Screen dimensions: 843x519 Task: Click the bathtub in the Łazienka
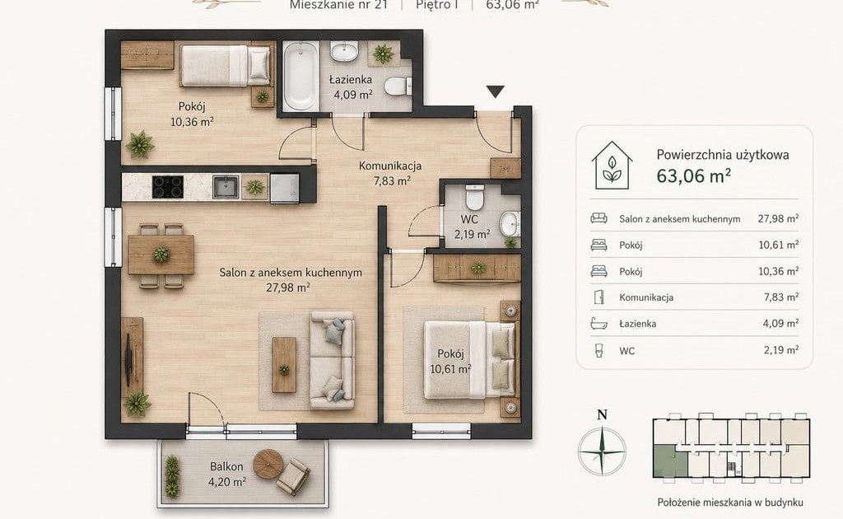pos(300,77)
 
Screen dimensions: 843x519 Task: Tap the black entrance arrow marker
pos(495,91)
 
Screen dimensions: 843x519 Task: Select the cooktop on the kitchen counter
pos(168,187)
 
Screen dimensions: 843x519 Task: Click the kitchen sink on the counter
pos(226,187)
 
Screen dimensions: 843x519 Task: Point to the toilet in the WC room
pos(475,198)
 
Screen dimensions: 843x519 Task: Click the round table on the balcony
pos(268,464)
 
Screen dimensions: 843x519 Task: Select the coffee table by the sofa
pos(284,365)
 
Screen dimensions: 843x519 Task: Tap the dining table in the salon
pos(161,255)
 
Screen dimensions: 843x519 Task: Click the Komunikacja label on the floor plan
pos(390,166)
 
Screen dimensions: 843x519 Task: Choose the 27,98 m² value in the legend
pos(778,218)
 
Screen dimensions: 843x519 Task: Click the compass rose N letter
pos(602,414)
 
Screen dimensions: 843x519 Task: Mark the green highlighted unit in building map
pos(670,461)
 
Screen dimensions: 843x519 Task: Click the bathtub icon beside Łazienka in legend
pos(598,324)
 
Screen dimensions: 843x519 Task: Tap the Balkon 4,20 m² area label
pos(227,475)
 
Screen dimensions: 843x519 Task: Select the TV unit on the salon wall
pos(132,357)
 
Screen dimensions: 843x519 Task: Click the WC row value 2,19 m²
pos(781,350)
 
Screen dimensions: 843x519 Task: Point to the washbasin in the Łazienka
pos(343,52)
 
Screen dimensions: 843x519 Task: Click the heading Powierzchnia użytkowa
pos(723,155)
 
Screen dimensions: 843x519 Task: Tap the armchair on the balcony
pos(293,476)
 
